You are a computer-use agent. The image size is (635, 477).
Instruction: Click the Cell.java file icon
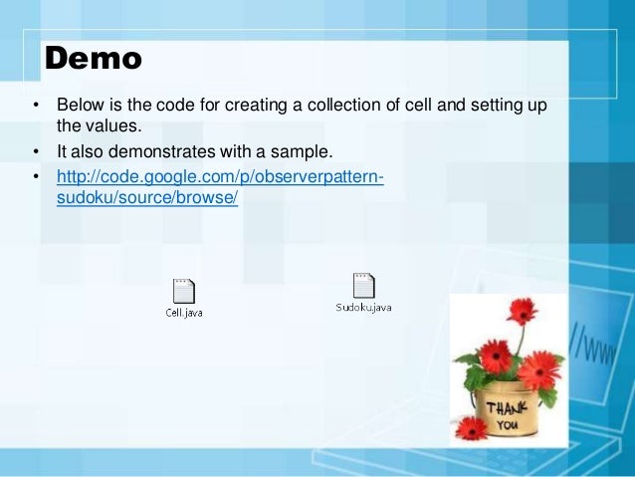tap(184, 291)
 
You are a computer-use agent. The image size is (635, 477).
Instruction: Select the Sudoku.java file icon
tap(363, 286)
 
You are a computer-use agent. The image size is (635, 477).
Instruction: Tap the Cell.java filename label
tap(184, 312)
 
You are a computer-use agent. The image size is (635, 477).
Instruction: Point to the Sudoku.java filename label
tap(363, 307)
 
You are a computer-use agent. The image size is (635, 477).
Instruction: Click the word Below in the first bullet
tap(79, 105)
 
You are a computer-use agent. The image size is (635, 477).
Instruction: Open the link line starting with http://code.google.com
tap(220, 176)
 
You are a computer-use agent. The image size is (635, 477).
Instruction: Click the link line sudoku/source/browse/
tap(148, 198)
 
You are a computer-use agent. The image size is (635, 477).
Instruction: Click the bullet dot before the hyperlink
tap(36, 177)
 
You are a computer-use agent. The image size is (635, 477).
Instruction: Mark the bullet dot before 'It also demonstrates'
tap(36, 152)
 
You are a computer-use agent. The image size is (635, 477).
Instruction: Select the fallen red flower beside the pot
tap(474, 428)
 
